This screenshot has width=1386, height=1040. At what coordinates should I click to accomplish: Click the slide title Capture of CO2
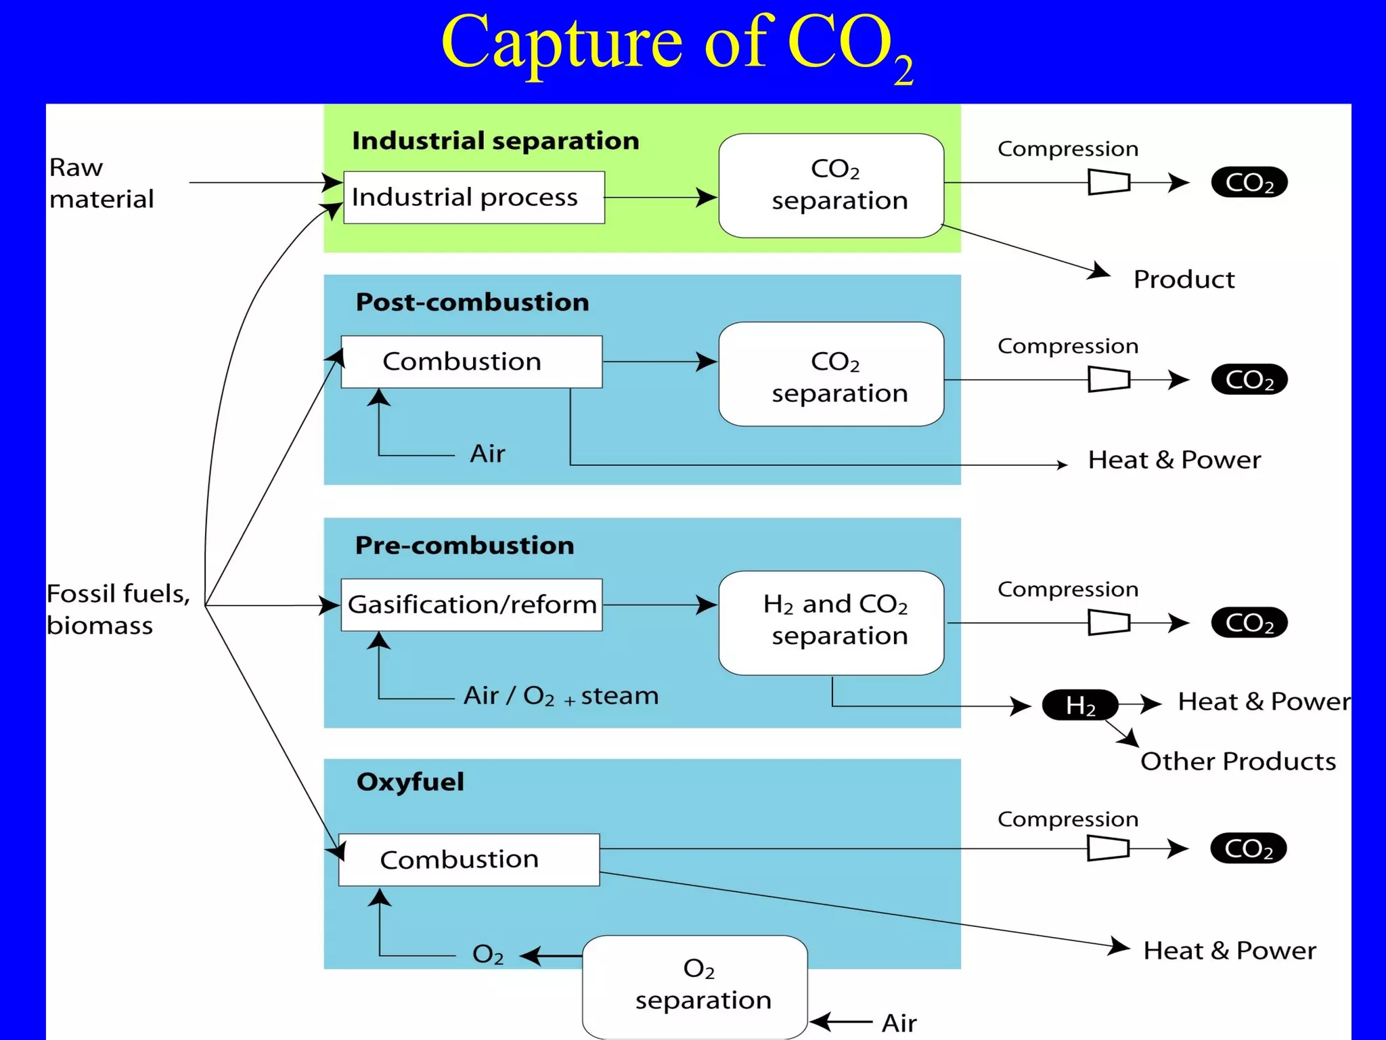[x=677, y=46]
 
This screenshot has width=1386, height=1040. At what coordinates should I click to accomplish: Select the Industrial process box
[x=474, y=197]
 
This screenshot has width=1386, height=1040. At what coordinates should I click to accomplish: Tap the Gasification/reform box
[x=472, y=605]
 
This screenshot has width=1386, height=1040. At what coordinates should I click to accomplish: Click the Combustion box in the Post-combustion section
[x=472, y=362]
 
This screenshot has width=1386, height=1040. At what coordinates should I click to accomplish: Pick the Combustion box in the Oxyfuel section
[x=469, y=859]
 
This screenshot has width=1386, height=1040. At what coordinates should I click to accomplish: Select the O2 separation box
[x=695, y=987]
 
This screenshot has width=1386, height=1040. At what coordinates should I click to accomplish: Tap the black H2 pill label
[x=1080, y=705]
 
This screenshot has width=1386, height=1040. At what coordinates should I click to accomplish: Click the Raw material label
[x=102, y=183]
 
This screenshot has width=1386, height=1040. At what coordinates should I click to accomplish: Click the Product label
[x=1184, y=279]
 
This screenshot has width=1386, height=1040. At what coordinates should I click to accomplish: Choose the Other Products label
[x=1238, y=761]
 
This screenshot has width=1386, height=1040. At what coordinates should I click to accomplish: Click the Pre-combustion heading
[x=464, y=545]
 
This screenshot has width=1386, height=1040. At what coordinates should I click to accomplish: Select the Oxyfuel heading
[x=410, y=781]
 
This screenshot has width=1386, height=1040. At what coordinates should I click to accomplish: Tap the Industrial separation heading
[x=495, y=141]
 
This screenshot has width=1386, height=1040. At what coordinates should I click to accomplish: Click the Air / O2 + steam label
[x=560, y=695]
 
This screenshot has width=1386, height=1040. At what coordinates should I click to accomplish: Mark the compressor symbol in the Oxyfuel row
[x=1108, y=848]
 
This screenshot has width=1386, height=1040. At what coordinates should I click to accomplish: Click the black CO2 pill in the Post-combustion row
[x=1249, y=379]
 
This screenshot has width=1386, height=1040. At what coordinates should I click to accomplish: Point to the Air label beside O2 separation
[x=899, y=1022]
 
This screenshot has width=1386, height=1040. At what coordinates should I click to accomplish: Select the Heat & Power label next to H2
[x=1264, y=701]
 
